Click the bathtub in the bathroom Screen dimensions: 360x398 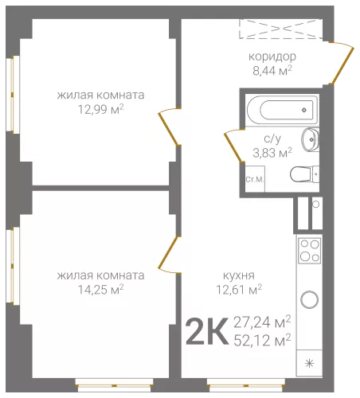282,110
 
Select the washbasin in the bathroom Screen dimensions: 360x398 310,139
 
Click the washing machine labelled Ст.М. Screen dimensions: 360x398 255,179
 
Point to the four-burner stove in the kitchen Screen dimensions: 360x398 310,251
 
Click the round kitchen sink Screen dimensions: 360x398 309,300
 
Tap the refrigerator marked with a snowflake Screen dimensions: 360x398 309,363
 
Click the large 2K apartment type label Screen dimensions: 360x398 207,332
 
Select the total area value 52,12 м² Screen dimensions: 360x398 262,341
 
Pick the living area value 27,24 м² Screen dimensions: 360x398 262,322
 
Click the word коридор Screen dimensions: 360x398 272,57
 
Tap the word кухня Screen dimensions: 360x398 239,275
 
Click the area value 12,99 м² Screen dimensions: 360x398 100,109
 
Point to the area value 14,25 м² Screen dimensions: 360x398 100,290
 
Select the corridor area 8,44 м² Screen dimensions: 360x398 272,71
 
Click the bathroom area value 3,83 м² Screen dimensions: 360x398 272,153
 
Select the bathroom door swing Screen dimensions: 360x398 233,146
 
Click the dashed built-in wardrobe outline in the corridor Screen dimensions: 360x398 281,29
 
